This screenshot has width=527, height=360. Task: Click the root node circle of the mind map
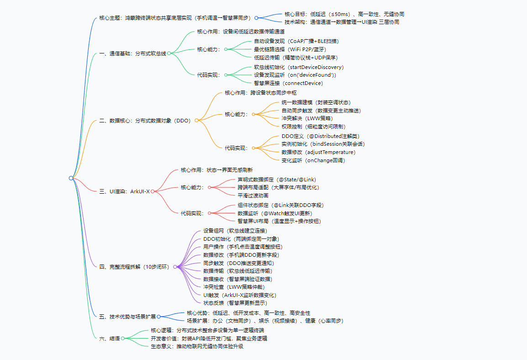(71, 178)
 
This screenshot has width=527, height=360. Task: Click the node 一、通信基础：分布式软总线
(132, 53)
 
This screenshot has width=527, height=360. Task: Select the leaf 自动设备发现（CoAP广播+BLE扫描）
(296, 41)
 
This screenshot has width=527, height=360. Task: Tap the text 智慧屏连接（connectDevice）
(288, 83)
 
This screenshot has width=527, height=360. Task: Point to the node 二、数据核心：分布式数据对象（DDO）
(145, 121)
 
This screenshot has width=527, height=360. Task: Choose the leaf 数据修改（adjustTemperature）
(318, 152)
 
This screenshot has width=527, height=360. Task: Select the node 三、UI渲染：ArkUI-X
(124, 191)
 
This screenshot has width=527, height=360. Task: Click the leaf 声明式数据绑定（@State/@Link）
(277, 180)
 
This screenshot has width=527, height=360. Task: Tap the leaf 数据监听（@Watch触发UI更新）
(274, 213)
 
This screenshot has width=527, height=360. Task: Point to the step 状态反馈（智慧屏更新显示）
(235, 303)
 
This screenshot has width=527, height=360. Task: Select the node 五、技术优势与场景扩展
(127, 316)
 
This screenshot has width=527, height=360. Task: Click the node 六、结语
(109, 338)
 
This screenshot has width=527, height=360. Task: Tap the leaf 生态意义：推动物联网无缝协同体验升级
(197, 347)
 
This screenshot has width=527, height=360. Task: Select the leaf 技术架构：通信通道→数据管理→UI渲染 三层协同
(342, 22)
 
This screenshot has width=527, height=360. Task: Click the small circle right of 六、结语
(122, 339)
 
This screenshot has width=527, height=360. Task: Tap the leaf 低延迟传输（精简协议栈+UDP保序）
(295, 58)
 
